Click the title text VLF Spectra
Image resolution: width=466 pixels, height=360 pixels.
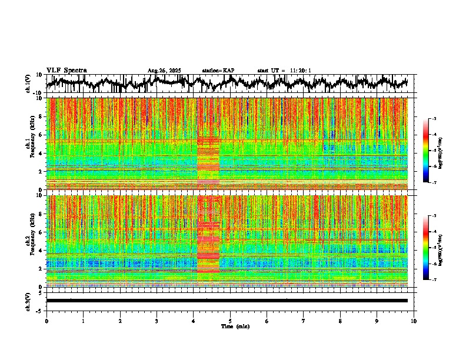(x=66, y=71)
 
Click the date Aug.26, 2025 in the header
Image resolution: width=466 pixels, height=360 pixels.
(x=164, y=71)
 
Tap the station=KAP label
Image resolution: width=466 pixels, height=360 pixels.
(x=218, y=71)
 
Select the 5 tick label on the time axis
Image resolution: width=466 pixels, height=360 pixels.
(x=230, y=321)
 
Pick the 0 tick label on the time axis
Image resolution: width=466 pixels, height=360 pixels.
(x=46, y=321)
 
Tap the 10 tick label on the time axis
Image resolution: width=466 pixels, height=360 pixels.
(x=414, y=321)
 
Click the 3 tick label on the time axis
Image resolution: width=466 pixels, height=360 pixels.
(x=157, y=321)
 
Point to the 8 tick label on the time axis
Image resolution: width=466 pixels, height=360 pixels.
(x=340, y=321)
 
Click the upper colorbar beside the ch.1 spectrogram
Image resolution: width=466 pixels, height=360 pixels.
(x=425, y=151)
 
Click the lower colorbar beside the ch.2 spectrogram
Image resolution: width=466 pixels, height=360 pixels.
(x=425, y=248)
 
